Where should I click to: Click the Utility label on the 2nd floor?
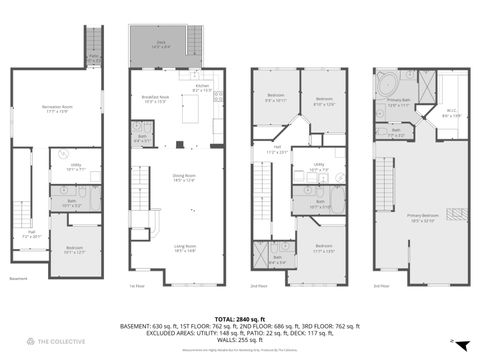(319, 166)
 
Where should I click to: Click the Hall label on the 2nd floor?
(279, 149)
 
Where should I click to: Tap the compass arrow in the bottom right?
(453, 341)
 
